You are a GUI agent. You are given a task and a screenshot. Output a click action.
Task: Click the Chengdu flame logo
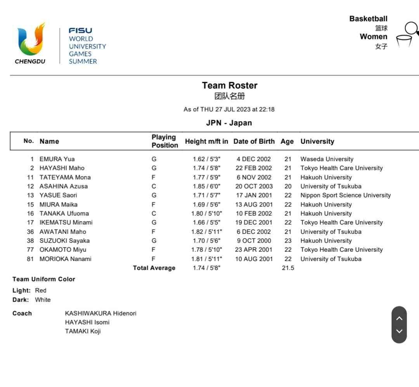[x=30, y=40]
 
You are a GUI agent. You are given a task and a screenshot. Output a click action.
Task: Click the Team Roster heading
[x=229, y=85]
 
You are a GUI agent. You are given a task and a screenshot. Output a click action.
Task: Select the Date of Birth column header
[x=254, y=141]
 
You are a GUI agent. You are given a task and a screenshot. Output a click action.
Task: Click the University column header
[x=317, y=141]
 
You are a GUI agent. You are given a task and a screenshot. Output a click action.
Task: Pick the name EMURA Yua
[x=57, y=159]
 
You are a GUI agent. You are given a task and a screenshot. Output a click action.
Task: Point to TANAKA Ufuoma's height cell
[x=206, y=213]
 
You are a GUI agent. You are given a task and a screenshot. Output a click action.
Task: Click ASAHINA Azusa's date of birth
[x=254, y=186]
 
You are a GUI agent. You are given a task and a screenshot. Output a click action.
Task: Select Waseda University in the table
[x=327, y=159]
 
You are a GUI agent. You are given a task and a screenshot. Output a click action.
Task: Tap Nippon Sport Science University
[x=345, y=195]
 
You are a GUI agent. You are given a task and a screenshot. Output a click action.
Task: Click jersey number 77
[x=30, y=249]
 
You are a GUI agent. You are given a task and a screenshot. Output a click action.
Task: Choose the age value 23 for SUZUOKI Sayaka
[x=288, y=241]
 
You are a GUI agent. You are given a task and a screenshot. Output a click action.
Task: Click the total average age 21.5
[x=288, y=268]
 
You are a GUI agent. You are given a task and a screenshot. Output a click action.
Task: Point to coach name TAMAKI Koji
[x=83, y=331]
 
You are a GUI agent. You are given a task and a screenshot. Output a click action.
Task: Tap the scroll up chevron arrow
[x=399, y=318]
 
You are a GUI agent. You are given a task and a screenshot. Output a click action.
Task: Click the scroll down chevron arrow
[x=399, y=331]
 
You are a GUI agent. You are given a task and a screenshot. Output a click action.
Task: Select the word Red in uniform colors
[x=40, y=290]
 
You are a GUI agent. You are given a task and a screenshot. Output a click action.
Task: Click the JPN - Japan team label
[x=229, y=123]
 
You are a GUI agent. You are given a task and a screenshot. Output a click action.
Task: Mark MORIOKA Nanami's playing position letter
[x=154, y=259]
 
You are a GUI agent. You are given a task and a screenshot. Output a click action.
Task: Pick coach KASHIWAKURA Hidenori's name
[x=100, y=313]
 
